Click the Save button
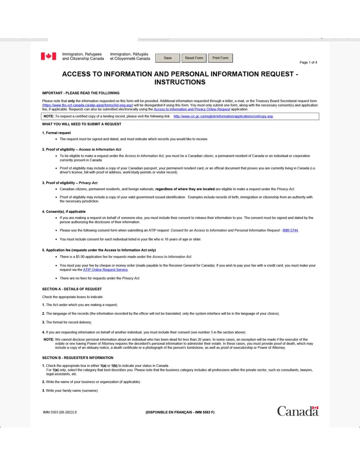tap(168, 58)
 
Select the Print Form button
tap(220, 58)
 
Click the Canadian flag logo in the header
tap(48, 56)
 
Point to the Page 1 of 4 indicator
tap(308, 63)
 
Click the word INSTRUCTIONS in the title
tap(180, 82)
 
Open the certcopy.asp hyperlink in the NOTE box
tap(223, 116)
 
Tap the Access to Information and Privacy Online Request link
tap(192, 109)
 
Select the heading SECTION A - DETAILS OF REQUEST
tap(72, 289)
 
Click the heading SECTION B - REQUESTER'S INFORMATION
tap(78, 358)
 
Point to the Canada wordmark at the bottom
tap(298, 411)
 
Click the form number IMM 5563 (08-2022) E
tap(60, 412)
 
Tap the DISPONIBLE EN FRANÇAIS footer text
tap(180, 412)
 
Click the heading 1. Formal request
tap(56, 133)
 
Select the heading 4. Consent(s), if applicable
tap(64, 211)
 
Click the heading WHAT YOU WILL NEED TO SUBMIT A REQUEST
tap(81, 124)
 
